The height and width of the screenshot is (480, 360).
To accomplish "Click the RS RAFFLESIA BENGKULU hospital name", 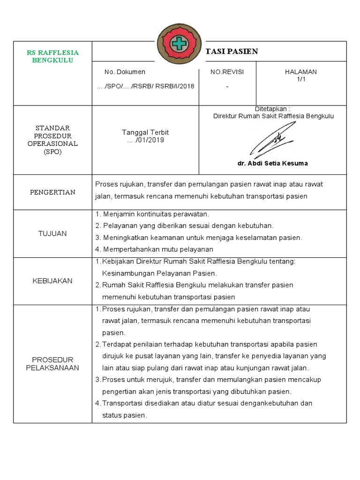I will point(52,56).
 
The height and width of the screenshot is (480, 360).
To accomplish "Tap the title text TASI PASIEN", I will point(232,52).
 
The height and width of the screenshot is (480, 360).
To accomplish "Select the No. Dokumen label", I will point(125,72).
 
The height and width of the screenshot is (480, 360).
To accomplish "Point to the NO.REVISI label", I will point(227,72).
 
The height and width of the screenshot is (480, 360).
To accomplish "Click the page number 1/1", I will point(301,79).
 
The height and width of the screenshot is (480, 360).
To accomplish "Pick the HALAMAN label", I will point(301,72).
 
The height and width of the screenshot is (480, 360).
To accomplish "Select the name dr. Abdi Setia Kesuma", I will point(273,164).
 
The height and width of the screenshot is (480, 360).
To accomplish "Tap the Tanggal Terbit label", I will point(145,133).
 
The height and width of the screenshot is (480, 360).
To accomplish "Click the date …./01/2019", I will point(145,140).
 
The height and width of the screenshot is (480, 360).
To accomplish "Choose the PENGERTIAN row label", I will point(52,192).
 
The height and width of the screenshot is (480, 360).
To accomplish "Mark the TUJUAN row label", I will point(52,233).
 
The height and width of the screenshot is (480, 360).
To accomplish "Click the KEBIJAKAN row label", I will point(52,281).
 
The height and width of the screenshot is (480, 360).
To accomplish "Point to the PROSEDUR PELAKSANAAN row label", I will point(52,364).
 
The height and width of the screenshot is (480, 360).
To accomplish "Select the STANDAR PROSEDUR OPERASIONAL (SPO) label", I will point(52,140).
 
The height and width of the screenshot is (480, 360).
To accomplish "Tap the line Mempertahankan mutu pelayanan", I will point(154,249).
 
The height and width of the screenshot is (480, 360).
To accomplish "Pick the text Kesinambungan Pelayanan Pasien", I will point(159,273).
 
